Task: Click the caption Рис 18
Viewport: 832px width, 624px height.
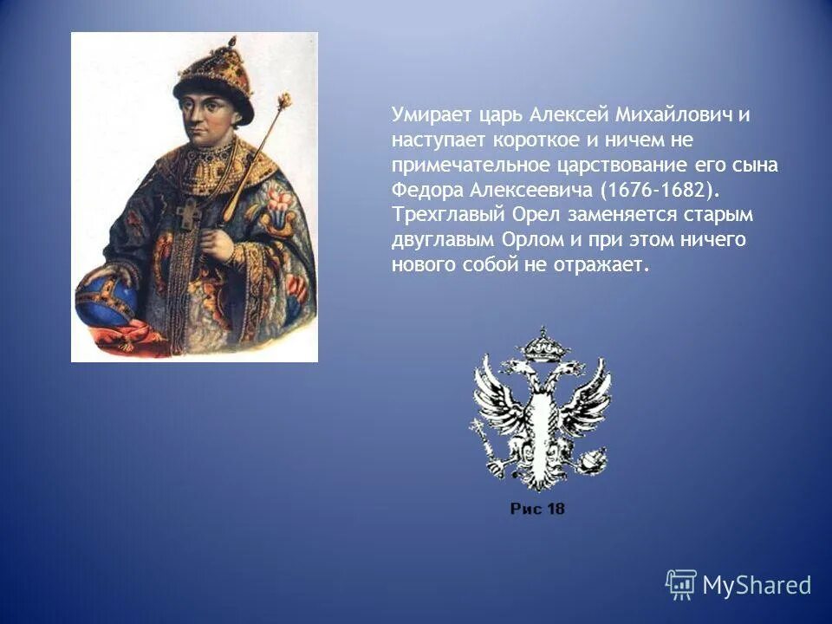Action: click(x=537, y=509)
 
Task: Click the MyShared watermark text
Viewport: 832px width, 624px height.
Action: click(x=757, y=585)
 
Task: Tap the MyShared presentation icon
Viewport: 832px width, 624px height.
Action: click(x=680, y=584)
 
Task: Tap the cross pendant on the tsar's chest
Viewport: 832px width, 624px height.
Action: click(x=189, y=213)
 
